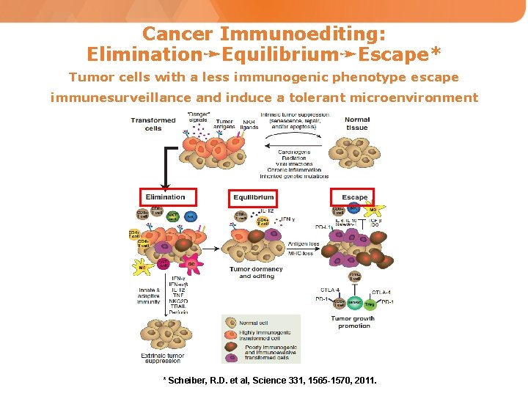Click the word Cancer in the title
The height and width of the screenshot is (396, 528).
point(177,34)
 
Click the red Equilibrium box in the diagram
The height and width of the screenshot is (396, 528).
point(254,197)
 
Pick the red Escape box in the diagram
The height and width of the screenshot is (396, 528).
point(354,197)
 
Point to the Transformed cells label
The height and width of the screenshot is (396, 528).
point(153,124)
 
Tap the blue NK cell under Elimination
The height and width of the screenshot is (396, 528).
point(190,217)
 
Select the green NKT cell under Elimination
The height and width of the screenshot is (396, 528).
point(173,216)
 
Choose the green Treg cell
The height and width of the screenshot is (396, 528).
point(370,303)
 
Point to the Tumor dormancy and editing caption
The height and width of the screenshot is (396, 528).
point(256,273)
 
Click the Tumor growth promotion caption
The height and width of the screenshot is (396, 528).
point(353,322)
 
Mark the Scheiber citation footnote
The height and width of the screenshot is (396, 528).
point(269,380)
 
